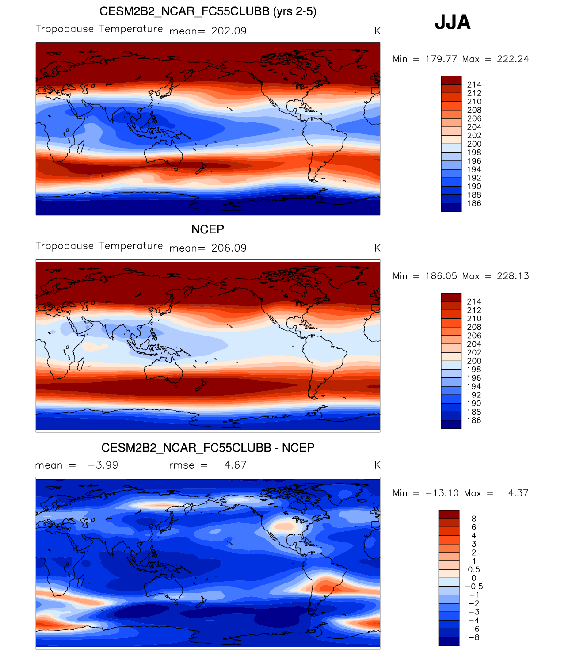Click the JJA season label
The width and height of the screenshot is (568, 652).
(x=453, y=22)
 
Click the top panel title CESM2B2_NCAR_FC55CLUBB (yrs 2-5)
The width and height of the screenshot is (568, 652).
(x=208, y=11)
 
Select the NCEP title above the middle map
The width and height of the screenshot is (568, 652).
(x=208, y=229)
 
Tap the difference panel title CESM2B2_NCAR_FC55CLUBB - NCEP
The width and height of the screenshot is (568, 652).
(x=208, y=448)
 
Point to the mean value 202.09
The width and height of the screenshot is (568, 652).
(x=229, y=31)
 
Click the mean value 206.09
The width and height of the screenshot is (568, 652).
(x=229, y=248)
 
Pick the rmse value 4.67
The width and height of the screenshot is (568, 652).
(x=235, y=465)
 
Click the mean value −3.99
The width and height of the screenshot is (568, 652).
(x=103, y=465)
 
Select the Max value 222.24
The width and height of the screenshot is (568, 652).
(x=513, y=59)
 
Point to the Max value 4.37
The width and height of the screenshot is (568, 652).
(x=518, y=493)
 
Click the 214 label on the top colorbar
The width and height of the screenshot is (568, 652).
(x=474, y=85)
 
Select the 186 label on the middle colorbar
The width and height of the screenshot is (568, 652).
(x=474, y=420)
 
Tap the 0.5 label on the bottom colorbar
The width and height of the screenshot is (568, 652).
(x=473, y=570)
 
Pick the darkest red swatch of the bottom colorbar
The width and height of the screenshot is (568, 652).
(x=449, y=514)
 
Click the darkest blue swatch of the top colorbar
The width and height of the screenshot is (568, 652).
(x=451, y=207)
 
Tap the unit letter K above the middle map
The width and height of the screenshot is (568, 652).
(x=377, y=248)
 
